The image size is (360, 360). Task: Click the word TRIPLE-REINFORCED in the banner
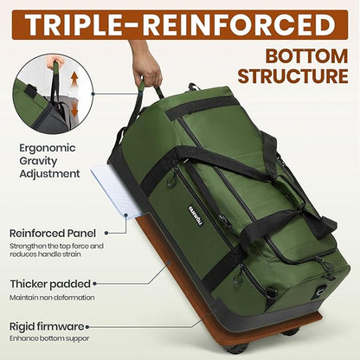(180, 23)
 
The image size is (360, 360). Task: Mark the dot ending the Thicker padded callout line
(138, 282)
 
